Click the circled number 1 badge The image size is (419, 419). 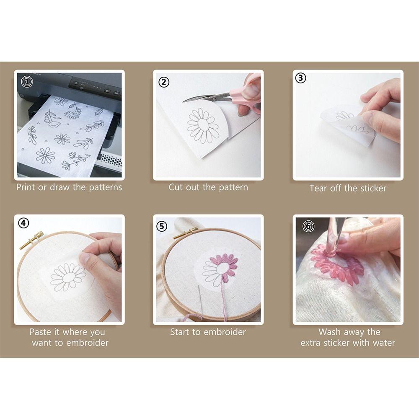[x=27, y=82]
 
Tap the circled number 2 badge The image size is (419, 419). [x=164, y=82]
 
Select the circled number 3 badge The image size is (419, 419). [x=300, y=78]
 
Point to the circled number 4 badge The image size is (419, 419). [x=23, y=223]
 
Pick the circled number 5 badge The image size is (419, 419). [x=162, y=226]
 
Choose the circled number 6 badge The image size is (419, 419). [x=308, y=226]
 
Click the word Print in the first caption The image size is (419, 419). [x=26, y=187]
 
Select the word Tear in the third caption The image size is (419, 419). [x=319, y=189]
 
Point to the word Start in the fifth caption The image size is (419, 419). [x=180, y=332]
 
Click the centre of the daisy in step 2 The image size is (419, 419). [x=203, y=125]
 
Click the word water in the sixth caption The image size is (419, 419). [x=384, y=343]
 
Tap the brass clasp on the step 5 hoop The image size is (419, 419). [x=186, y=233]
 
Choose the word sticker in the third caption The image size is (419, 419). [x=373, y=189]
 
